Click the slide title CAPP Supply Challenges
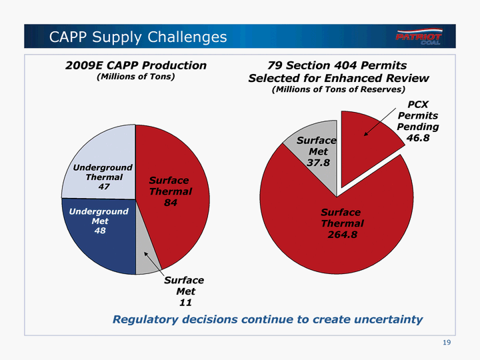click(x=138, y=37)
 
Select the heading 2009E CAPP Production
click(x=135, y=65)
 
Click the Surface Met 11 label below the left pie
click(x=184, y=291)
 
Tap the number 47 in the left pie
click(x=103, y=187)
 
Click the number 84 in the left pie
click(x=171, y=203)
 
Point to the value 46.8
click(x=418, y=137)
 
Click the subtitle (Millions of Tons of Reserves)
click(x=339, y=89)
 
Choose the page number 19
click(x=447, y=343)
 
